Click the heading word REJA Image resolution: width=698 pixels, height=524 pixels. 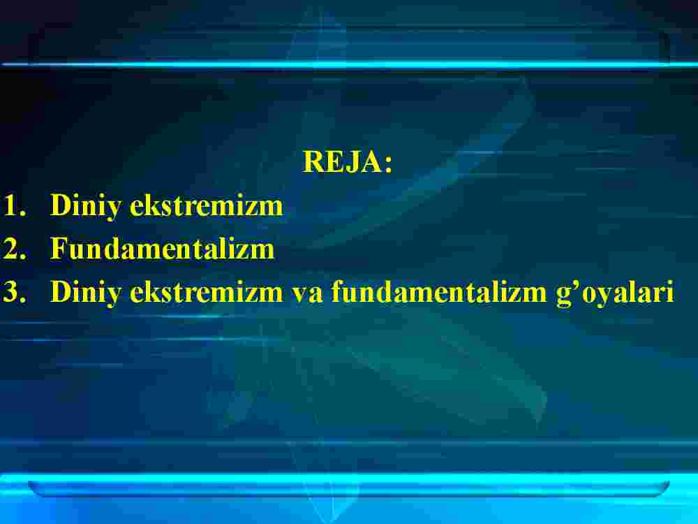coord(342,161)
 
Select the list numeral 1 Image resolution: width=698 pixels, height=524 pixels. coord(14,205)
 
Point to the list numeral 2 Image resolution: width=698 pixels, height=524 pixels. coord(14,249)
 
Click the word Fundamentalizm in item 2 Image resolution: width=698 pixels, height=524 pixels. coord(162,248)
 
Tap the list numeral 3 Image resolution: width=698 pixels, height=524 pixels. coord(14,292)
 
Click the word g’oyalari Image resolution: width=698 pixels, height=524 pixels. coord(615,294)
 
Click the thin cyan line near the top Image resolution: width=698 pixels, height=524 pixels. coord(349,64)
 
